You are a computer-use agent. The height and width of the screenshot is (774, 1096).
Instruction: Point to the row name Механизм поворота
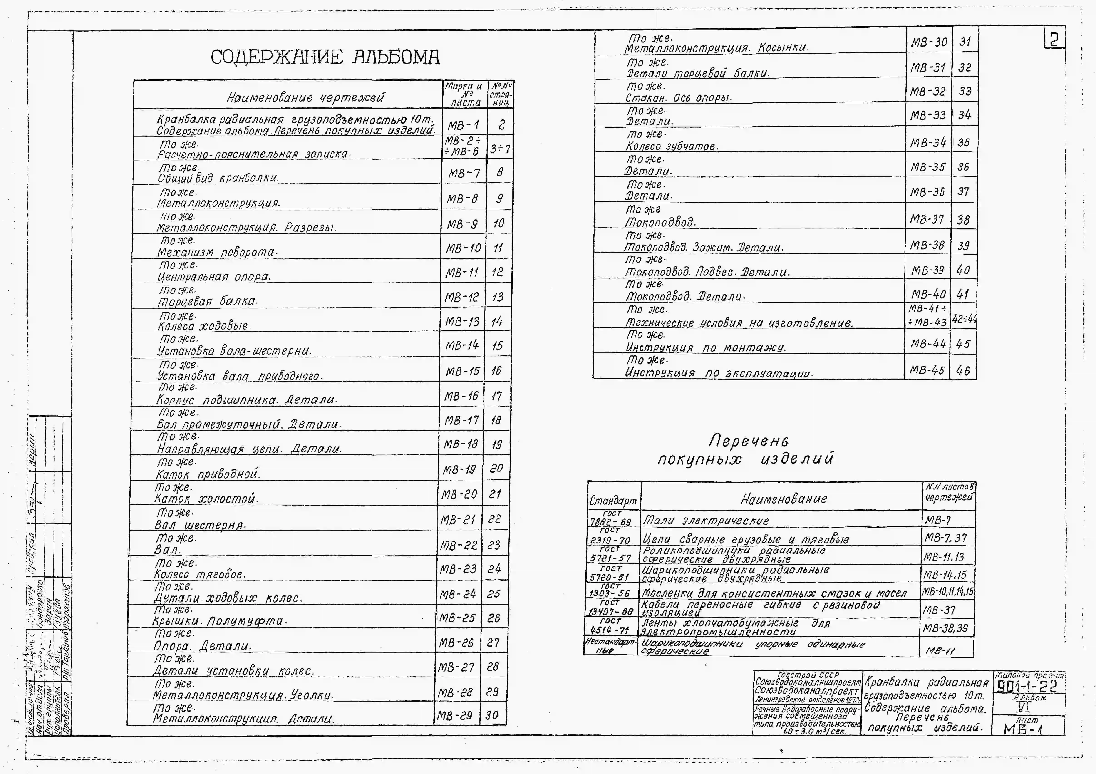pos(217,252)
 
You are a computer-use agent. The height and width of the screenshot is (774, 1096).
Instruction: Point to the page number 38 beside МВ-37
pos(963,220)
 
